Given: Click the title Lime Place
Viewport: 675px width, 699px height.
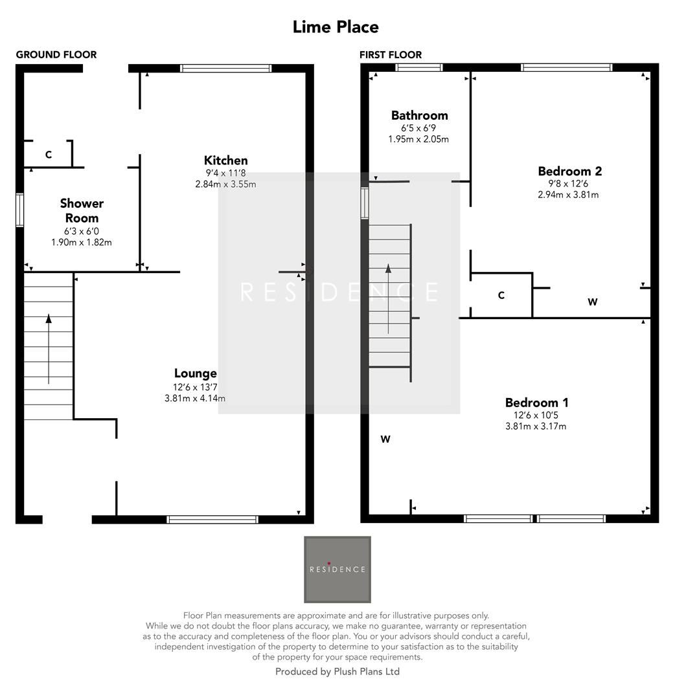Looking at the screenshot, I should coord(336,27).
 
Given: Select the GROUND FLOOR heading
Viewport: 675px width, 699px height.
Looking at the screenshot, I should coord(56,55).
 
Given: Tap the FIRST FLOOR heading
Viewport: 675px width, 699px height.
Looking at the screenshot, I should coord(391,55).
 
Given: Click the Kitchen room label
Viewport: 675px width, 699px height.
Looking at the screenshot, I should coord(225,161).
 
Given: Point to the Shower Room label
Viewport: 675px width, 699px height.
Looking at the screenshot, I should coord(82,210).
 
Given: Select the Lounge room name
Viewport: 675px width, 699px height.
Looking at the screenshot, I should coord(195,373).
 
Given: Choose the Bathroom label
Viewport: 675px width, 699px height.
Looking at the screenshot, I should coord(419,116).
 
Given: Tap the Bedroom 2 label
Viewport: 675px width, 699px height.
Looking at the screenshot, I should coord(569,172).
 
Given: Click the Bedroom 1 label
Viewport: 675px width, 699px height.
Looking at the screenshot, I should coord(536,403).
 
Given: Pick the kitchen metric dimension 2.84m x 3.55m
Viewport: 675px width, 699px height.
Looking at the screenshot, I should coord(225,184).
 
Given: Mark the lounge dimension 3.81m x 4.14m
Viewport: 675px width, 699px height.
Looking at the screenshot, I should coord(195,399).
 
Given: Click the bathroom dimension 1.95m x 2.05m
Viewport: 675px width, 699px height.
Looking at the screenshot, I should coord(418,139).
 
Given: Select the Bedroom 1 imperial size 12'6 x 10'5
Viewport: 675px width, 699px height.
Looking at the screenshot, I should coord(536,415).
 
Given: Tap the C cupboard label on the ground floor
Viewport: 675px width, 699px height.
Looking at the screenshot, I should coord(49,155).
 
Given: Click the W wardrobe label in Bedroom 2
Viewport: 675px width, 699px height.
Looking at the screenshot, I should coord(592,302).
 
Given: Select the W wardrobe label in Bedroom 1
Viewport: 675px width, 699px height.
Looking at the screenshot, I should coord(385,439).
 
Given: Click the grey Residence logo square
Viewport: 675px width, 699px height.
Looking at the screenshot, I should coord(337,570).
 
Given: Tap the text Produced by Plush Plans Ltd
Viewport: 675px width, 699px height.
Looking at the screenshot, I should coord(337,672).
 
